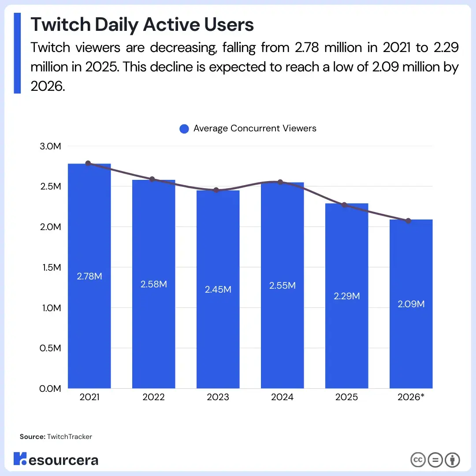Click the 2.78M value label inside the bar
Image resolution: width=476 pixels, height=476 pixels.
point(89,277)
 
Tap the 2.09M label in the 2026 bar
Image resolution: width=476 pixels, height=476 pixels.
point(411,304)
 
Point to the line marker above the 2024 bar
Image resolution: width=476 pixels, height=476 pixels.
point(280,182)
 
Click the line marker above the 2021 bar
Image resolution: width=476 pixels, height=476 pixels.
point(88,164)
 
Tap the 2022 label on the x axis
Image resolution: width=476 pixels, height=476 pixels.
point(153,397)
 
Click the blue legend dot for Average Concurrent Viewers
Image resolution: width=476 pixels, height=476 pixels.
point(184,129)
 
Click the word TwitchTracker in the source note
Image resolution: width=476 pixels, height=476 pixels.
point(70,437)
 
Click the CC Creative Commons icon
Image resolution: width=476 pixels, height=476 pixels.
point(418,460)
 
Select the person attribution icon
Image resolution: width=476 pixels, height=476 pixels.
point(452,460)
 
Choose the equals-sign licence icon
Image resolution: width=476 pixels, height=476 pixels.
point(435,460)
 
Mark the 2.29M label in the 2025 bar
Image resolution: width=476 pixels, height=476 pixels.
point(347,296)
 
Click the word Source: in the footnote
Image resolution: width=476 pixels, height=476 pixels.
point(32,437)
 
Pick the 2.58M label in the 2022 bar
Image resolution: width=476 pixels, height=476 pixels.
point(154,284)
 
